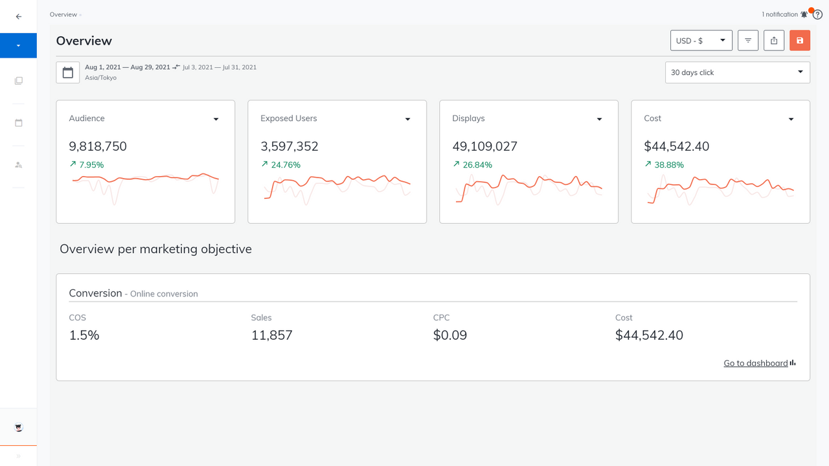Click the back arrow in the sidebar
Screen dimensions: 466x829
point(18,17)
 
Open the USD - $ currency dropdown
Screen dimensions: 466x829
point(701,41)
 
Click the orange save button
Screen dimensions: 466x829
point(800,41)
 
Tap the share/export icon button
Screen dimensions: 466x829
point(774,41)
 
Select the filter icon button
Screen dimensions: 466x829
point(748,41)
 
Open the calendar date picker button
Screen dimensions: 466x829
point(68,72)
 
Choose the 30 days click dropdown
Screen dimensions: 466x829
point(737,72)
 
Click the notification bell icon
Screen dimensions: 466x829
point(804,14)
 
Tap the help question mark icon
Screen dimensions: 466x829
point(817,15)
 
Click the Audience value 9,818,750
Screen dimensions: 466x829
point(98,146)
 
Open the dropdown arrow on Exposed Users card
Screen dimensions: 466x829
point(407,119)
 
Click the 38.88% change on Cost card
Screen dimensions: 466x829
point(669,165)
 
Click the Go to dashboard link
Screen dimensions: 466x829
point(756,363)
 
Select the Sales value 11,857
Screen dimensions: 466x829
point(271,335)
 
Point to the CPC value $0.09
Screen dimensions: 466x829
point(449,335)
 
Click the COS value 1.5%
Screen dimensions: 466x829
point(84,335)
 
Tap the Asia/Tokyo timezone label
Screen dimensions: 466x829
point(100,78)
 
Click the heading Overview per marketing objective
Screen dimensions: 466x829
point(155,249)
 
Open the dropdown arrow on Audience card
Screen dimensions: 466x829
point(216,119)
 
